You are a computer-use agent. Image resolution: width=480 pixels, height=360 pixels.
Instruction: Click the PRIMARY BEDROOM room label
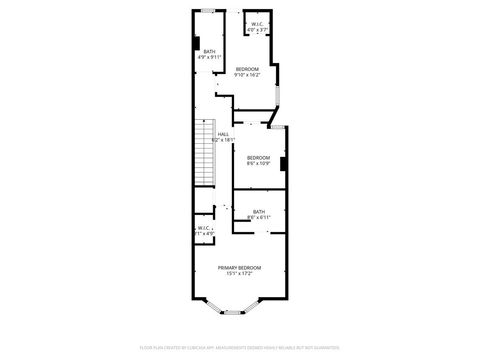click(240, 267)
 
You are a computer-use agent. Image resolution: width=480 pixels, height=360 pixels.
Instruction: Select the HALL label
click(223, 133)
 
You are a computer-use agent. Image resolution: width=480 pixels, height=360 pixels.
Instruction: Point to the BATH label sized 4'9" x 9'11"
click(209, 51)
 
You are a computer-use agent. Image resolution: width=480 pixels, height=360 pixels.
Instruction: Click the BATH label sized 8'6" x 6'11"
click(259, 211)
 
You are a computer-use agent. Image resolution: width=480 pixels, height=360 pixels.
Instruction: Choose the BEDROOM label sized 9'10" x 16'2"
click(247, 68)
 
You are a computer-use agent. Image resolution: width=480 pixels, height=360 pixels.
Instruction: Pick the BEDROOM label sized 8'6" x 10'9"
click(258, 157)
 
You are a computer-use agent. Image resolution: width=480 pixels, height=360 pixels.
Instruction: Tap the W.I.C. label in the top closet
click(258, 24)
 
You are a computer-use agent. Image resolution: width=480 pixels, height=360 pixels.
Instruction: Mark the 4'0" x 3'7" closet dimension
click(258, 30)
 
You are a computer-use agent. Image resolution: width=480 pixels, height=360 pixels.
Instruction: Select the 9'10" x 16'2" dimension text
click(247, 74)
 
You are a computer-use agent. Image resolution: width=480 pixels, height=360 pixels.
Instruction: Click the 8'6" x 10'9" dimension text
click(258, 163)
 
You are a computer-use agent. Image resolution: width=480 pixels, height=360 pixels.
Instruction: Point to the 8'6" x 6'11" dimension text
click(259, 217)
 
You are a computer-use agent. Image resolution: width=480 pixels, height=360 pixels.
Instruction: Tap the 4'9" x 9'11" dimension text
click(209, 57)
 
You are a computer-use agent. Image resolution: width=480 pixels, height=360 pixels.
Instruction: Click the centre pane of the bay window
click(232, 312)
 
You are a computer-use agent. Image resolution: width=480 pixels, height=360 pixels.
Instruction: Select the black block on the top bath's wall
click(195, 44)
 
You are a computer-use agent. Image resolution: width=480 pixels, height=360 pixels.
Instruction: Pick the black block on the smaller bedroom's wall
click(285, 163)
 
